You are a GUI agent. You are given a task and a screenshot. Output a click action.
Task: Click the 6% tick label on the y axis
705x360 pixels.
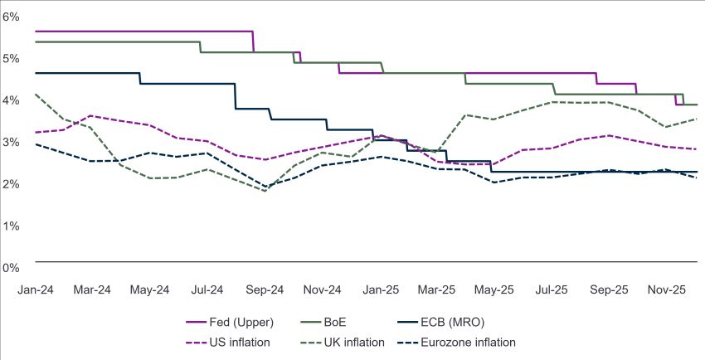coord(11,17)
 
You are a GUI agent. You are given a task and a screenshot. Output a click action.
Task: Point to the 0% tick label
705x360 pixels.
coord(11,267)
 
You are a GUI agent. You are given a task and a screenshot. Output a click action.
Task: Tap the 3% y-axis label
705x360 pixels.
coord(11,142)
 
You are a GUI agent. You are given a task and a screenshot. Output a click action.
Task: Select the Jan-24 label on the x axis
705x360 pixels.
coord(35,290)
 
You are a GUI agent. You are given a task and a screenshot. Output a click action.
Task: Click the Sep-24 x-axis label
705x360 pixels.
coord(265,290)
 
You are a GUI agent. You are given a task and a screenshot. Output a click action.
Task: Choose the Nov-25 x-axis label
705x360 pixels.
coord(668,290)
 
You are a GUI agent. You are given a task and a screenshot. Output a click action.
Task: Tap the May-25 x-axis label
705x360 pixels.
coord(495,290)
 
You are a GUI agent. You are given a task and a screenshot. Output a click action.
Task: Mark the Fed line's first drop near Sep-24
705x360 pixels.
coord(253,41)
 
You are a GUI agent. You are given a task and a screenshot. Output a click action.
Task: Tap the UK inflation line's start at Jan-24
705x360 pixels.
coord(35,94)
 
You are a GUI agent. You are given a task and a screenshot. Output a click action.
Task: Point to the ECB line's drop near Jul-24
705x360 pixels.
coord(236,96)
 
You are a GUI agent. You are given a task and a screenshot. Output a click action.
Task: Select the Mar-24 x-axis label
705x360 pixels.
coord(92,290)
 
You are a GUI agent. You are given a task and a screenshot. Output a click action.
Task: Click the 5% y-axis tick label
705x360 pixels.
coord(11,58)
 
